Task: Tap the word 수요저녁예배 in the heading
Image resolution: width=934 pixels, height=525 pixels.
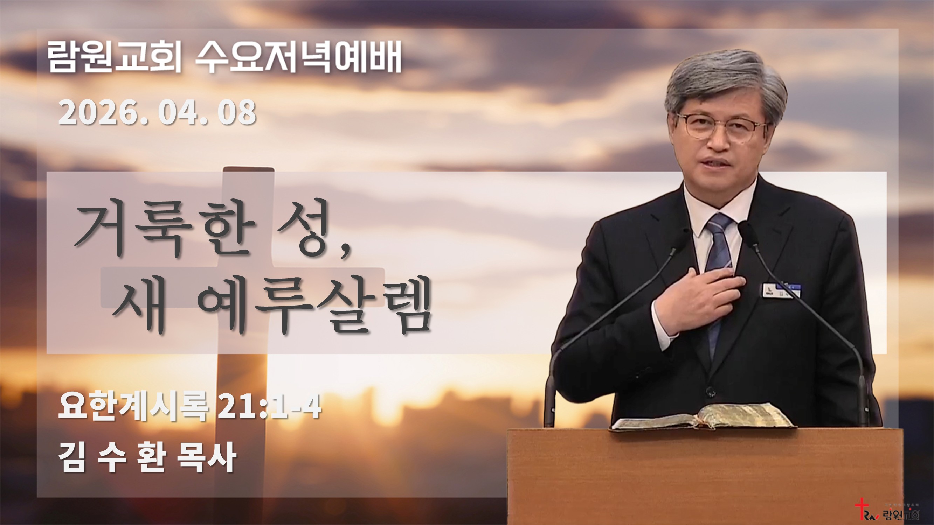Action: click(x=298, y=58)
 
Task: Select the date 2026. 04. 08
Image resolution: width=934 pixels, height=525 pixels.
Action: click(x=157, y=113)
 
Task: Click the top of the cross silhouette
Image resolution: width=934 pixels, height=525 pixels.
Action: click(x=248, y=172)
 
